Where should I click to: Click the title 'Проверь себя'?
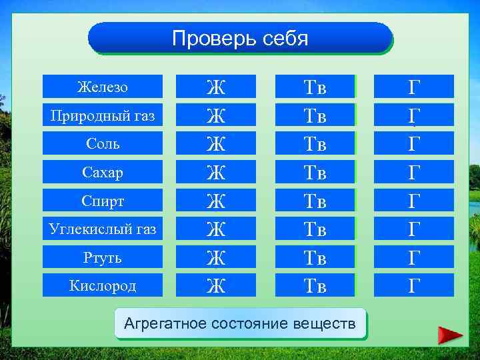pos(240,38)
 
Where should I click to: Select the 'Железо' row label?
pos(103,87)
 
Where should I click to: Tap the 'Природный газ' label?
pos(103,115)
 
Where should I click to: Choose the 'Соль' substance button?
pos(103,143)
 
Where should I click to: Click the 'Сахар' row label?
pos(103,172)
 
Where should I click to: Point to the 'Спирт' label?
pos(103,201)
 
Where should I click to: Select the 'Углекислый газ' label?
pos(103,229)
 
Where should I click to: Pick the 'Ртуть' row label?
pos(103,257)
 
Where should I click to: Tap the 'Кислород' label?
pos(103,285)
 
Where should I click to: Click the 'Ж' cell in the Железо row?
pos(215,87)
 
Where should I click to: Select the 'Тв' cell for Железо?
pos(315,87)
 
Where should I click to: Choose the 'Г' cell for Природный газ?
pos(414,115)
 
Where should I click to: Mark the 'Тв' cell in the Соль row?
pos(315,143)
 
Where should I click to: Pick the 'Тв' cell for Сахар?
pos(315,172)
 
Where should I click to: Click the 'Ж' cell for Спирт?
pos(215,201)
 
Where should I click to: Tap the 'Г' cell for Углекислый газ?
pos(414,229)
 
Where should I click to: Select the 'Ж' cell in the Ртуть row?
pos(215,257)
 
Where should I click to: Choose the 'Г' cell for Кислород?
pos(414,285)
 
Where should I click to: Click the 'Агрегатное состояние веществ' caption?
pos(241,324)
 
